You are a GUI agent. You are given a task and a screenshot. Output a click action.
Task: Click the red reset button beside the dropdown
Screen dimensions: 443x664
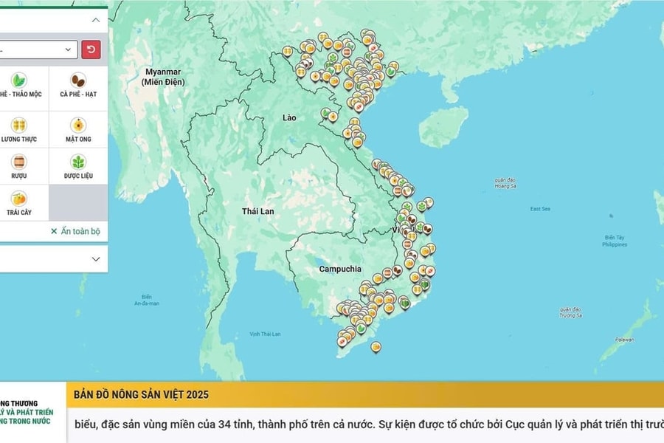click(91, 49)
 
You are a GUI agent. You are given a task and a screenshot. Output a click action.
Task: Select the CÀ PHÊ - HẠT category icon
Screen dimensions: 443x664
click(77, 80)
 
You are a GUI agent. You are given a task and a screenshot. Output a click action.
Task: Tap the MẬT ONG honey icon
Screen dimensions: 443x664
click(77, 125)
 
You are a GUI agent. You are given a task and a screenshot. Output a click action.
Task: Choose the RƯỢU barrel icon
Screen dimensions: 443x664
click(19, 162)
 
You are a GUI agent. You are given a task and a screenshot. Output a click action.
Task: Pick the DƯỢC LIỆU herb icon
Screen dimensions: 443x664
click(77, 162)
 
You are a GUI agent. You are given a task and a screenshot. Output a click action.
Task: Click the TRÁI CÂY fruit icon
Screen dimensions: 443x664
click(19, 199)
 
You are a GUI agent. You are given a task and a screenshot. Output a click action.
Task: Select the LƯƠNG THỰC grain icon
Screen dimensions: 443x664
click(19, 125)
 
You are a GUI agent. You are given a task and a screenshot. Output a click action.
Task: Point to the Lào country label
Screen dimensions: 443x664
click(290, 117)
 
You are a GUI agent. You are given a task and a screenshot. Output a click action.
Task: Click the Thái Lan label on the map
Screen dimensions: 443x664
click(257, 211)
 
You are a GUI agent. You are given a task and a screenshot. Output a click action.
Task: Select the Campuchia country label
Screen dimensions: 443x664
click(340, 269)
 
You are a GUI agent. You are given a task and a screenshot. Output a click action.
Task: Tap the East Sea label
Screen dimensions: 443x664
click(540, 209)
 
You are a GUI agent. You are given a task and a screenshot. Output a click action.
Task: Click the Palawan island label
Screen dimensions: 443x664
click(624, 340)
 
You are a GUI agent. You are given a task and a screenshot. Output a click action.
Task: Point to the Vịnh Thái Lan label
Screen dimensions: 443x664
click(265, 334)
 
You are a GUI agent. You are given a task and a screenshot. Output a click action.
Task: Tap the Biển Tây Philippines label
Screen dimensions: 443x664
click(615, 241)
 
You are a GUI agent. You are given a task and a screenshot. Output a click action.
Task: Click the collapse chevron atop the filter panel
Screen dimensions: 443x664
click(95, 20)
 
